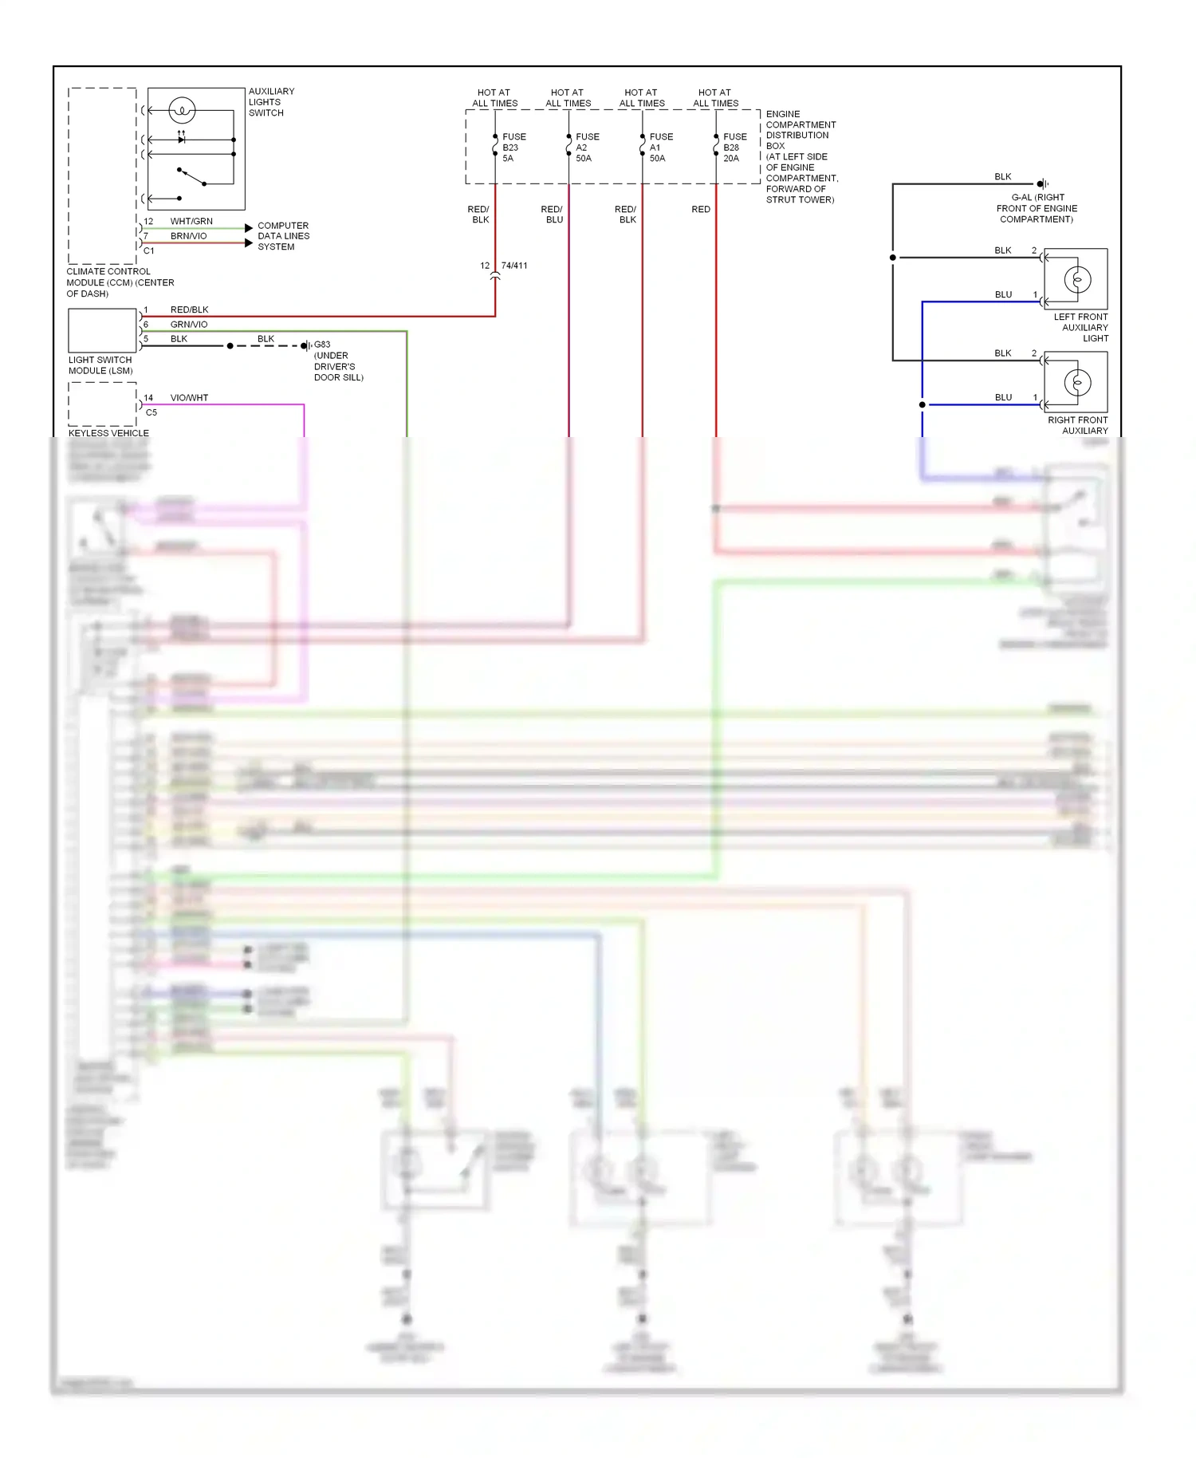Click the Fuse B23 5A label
513,148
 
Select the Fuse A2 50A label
586,148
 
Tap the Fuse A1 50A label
660,148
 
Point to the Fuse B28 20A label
734,148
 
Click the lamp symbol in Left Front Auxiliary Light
1077,280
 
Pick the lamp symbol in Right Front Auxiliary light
1077,383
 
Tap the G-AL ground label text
1037,208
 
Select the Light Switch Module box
102,330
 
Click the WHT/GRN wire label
191,222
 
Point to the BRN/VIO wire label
188,236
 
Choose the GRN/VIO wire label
188,325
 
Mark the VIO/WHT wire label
189,398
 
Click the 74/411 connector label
513,266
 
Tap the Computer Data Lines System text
283,236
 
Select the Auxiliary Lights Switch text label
271,102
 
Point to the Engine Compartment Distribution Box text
801,157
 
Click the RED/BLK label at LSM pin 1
189,310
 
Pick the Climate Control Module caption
120,282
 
